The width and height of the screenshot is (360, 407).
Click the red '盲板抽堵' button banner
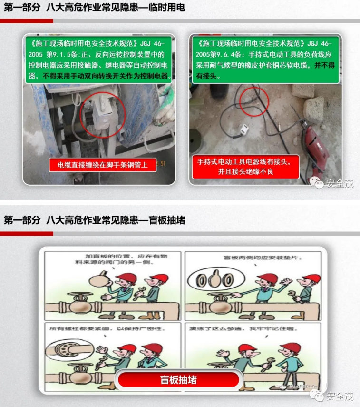pyautogui.click(x=179, y=380)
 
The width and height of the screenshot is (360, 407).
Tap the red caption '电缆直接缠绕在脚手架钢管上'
pyautogui.click(x=102, y=165)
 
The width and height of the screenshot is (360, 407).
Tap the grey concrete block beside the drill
pyautogui.click(x=315, y=107)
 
